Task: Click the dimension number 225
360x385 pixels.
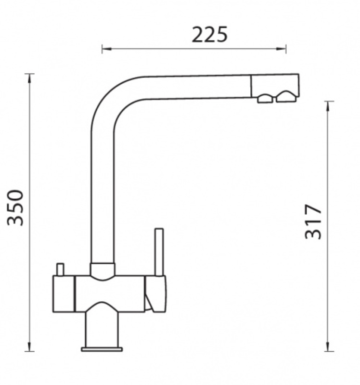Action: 209,35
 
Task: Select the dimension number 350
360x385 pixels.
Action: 15,207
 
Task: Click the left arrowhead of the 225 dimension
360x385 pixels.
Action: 106,49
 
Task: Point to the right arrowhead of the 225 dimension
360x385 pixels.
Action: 281,49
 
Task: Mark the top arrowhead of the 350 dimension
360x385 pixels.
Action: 29,78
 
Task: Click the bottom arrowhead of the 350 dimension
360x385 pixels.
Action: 29,346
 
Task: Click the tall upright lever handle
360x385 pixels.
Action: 159,252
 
